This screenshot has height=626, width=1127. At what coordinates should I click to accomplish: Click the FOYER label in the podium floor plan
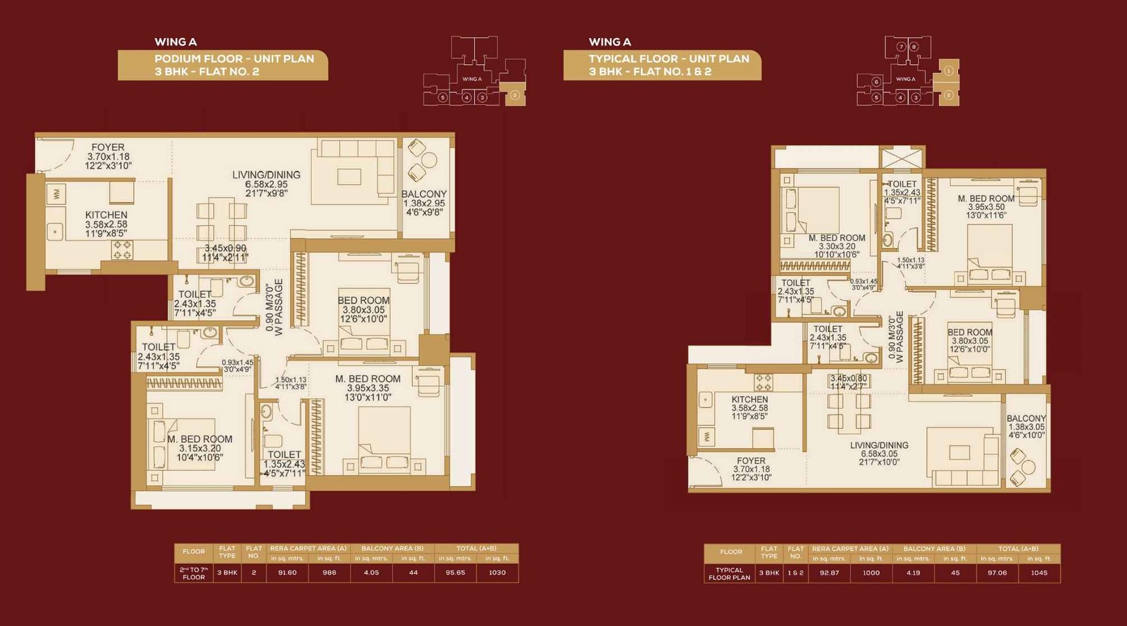pos(108,148)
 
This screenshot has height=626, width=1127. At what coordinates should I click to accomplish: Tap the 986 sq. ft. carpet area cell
pos(329,572)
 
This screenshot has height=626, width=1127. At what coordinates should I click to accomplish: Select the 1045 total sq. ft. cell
pos(1039,572)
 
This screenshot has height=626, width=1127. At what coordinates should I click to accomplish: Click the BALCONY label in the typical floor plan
pos(1026,418)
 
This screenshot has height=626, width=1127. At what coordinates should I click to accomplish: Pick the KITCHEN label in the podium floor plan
pos(106,215)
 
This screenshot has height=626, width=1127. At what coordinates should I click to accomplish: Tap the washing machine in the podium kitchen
pos(57,193)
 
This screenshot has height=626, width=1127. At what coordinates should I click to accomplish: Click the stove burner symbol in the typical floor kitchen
pos(764,382)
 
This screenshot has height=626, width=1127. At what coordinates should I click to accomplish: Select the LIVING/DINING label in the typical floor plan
pos(879,445)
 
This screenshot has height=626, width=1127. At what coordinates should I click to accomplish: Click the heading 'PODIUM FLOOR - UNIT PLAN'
pos(234,59)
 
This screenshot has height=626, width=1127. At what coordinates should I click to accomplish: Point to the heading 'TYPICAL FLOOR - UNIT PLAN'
pos(668,59)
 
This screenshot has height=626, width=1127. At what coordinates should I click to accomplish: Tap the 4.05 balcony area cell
pos(371,572)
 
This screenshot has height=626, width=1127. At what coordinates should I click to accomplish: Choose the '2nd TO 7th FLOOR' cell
pos(194,573)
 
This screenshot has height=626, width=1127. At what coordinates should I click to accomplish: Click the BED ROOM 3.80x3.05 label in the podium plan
pos(363,301)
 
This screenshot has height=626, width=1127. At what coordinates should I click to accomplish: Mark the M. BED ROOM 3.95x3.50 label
pos(985,199)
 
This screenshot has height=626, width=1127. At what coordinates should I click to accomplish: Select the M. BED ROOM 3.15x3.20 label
pos(200,439)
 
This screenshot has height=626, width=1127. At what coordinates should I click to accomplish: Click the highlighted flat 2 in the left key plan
pos(515,95)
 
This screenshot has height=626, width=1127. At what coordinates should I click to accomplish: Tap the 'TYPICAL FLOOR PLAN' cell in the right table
pos(729,573)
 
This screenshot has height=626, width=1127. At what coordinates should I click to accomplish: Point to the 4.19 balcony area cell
pos(913,572)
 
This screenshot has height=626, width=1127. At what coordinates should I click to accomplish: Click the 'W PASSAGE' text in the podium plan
pos(279,308)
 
